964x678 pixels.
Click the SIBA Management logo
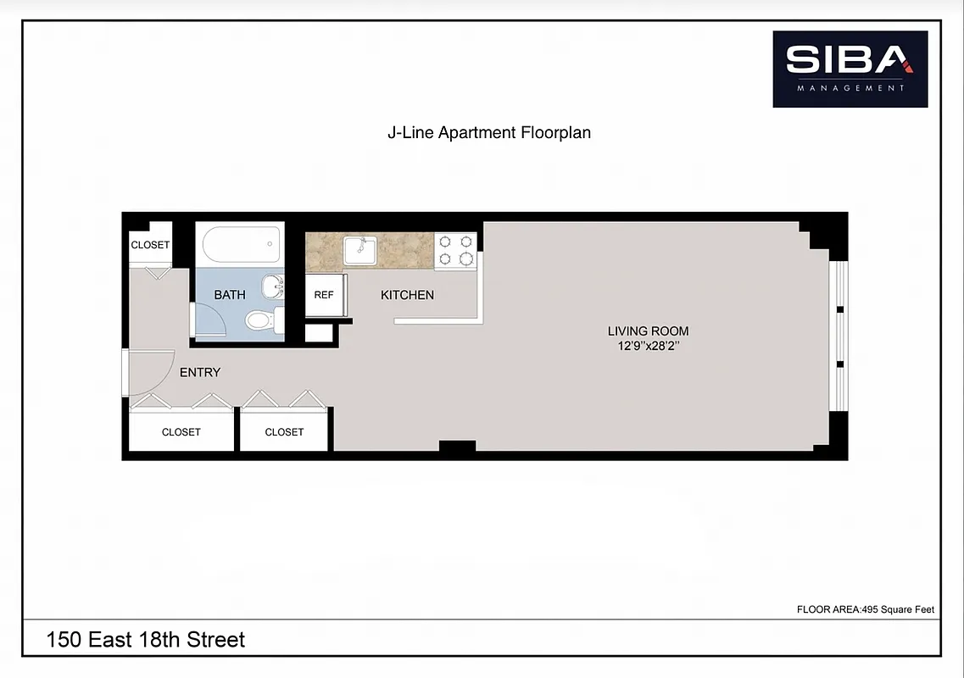click(850, 69)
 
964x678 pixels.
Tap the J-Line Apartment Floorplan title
click(488, 133)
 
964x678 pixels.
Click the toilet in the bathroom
click(261, 320)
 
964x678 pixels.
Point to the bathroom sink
click(271, 286)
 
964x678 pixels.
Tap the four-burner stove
click(455, 250)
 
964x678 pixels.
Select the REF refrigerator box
click(324, 295)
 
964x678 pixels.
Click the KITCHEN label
click(407, 295)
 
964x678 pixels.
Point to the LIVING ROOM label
click(648, 331)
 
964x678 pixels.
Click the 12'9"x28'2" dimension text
click(648, 347)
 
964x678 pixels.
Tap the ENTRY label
click(200, 372)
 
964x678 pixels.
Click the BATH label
click(230, 295)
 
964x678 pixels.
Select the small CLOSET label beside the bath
click(150, 245)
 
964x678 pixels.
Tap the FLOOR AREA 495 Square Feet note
click(865, 609)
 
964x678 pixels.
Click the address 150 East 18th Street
click(146, 639)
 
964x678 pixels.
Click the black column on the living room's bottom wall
click(457, 447)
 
